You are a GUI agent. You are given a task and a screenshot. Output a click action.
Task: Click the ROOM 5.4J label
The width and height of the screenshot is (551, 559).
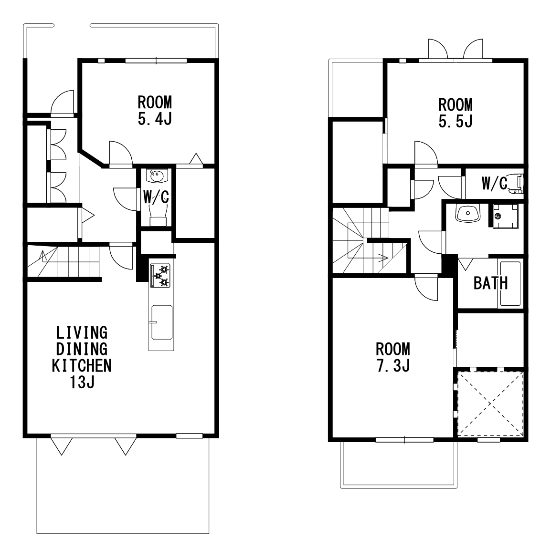155,110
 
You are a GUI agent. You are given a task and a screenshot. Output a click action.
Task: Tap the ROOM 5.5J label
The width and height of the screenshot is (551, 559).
456,113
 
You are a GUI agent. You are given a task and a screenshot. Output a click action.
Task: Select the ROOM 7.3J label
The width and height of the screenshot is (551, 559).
393,357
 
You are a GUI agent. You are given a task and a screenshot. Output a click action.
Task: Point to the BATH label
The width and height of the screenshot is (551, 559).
491,283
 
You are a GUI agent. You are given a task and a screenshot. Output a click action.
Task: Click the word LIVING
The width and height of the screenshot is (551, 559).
82,332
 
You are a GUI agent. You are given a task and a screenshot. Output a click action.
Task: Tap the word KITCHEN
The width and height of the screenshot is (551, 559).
82,365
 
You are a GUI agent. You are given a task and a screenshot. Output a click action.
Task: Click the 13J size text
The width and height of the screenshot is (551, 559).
82,382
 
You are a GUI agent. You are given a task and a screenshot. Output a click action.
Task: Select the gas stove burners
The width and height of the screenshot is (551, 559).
160,275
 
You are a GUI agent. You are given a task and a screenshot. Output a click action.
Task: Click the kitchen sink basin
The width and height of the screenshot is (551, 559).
162,322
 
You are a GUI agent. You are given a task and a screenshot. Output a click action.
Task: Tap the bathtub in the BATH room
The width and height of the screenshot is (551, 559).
510,284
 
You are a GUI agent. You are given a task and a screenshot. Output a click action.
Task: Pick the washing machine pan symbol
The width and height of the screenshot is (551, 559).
505,216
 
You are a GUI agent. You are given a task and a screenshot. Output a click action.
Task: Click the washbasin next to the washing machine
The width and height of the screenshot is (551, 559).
467,214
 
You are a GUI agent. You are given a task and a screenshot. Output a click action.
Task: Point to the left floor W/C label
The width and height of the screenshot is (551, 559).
156,197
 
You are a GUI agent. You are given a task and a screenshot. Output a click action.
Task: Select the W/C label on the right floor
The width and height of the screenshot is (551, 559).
494,183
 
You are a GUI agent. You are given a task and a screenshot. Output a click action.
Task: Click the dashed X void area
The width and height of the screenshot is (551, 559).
491,404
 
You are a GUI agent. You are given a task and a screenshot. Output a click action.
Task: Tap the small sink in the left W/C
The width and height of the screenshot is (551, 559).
157,176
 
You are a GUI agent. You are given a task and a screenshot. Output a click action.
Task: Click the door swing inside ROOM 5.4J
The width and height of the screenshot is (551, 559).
121,153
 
